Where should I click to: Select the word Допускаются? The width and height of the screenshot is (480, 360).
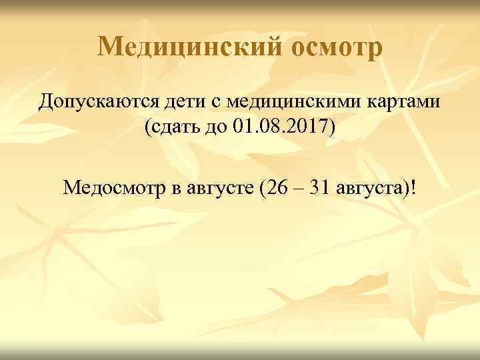coord(98,103)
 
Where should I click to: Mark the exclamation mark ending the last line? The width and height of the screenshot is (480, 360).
coord(417,187)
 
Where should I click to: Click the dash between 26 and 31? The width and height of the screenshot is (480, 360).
coord(297,189)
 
